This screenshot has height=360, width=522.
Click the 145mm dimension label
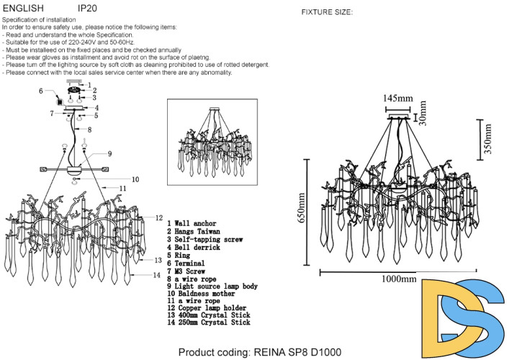pos(397,98)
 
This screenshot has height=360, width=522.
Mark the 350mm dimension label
pos(487,138)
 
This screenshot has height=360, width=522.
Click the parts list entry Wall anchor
pos(194,224)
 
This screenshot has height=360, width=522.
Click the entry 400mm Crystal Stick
pos(209,315)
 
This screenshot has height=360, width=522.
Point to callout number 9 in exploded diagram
pos(109,153)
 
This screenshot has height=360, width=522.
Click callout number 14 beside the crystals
pos(156,275)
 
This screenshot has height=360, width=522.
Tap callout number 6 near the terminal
pos(41,91)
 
